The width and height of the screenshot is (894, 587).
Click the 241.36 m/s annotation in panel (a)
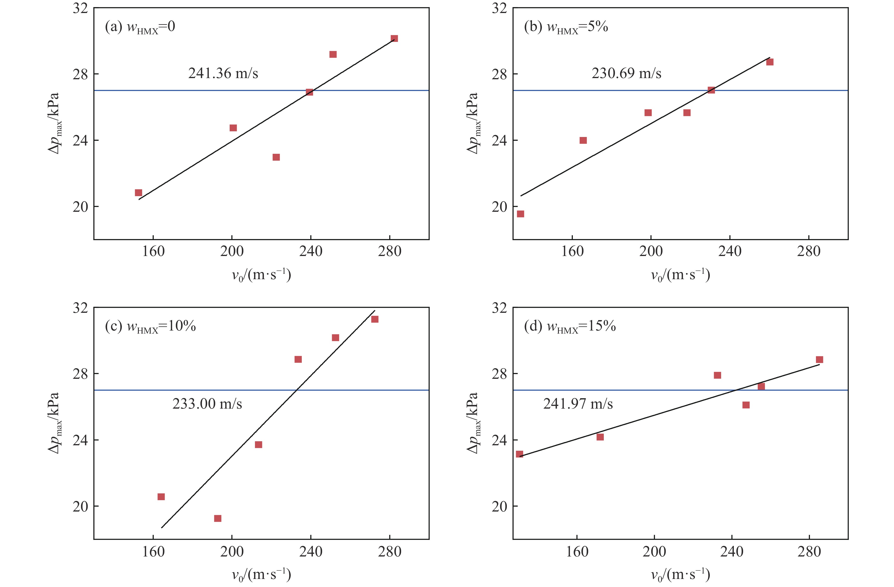pyautogui.click(x=223, y=73)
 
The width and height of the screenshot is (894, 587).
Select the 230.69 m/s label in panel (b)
pyautogui.click(x=626, y=73)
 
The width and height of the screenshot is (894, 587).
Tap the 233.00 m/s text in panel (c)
pyautogui.click(x=207, y=404)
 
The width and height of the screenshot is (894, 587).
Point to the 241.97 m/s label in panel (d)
pyautogui.click(x=578, y=404)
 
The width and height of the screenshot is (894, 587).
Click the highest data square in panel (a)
pyautogui.click(x=394, y=39)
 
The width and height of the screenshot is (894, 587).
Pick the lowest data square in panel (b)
pyautogui.click(x=520, y=214)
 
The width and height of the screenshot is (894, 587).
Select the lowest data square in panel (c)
pyautogui.click(x=218, y=519)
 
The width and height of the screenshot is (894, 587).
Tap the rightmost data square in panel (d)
pyautogui.click(x=819, y=360)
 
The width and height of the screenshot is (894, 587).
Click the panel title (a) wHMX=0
pyautogui.click(x=140, y=27)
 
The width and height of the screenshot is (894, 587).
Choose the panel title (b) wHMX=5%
pyautogui.click(x=566, y=27)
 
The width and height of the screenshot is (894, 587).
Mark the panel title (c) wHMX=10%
pyautogui.click(x=150, y=327)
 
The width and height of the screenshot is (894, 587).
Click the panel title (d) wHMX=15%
pyautogui.click(x=570, y=327)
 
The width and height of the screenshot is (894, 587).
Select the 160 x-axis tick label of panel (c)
pyautogui.click(x=153, y=552)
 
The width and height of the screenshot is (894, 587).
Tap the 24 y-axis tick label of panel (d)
pyautogui.click(x=499, y=440)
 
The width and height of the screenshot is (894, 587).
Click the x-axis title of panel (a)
pyautogui.click(x=261, y=275)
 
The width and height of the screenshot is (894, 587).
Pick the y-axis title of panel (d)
pyautogui.click(x=473, y=423)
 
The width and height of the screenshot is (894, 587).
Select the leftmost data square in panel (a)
pyautogui.click(x=138, y=193)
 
